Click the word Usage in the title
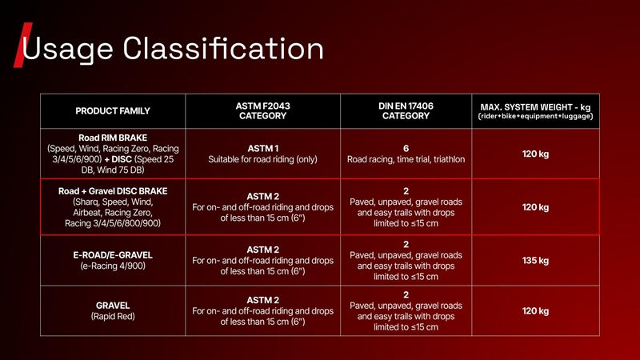click(x=67, y=49)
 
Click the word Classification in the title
click(x=223, y=48)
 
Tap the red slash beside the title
click(x=23, y=45)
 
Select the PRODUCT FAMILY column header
click(x=113, y=111)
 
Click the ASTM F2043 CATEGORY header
click(x=263, y=111)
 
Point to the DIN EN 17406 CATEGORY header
click(x=406, y=111)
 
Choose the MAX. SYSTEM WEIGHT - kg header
click(x=535, y=107)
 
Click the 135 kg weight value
click(x=535, y=261)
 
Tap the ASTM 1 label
click(x=263, y=149)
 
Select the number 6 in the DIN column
click(x=406, y=149)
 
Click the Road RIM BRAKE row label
click(x=113, y=138)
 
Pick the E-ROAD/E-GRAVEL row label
click(x=113, y=255)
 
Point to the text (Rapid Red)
click(x=113, y=316)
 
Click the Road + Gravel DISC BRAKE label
click(x=113, y=191)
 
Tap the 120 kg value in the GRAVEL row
click(x=535, y=311)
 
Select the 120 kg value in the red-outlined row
click(x=535, y=207)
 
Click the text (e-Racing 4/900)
click(x=113, y=266)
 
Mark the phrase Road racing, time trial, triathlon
click(x=406, y=159)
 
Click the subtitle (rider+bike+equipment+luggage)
click(x=535, y=116)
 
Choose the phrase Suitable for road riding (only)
click(x=263, y=159)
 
